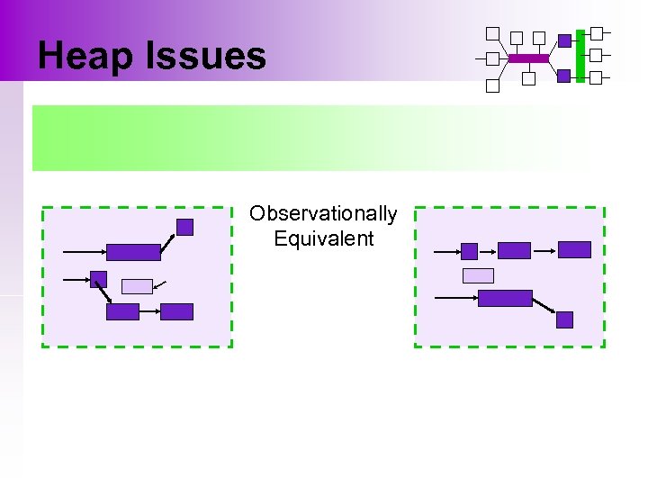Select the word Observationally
click(x=323, y=213)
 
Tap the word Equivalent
click(x=323, y=238)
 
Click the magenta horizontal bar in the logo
click(x=528, y=58)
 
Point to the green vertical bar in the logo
click(x=580, y=54)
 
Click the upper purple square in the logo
click(x=564, y=40)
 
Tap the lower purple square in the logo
click(x=563, y=76)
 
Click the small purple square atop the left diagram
click(x=184, y=228)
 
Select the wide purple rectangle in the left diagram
click(x=133, y=252)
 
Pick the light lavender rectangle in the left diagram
click(x=137, y=286)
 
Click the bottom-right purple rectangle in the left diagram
click(x=176, y=312)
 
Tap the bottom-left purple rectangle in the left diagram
click(x=122, y=312)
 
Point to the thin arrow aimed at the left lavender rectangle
click(x=160, y=285)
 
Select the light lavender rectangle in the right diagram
click(x=478, y=275)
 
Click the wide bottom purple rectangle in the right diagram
click(x=505, y=298)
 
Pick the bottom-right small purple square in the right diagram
click(x=564, y=319)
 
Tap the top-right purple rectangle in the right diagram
click(x=574, y=249)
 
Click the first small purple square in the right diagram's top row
click(x=469, y=251)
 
